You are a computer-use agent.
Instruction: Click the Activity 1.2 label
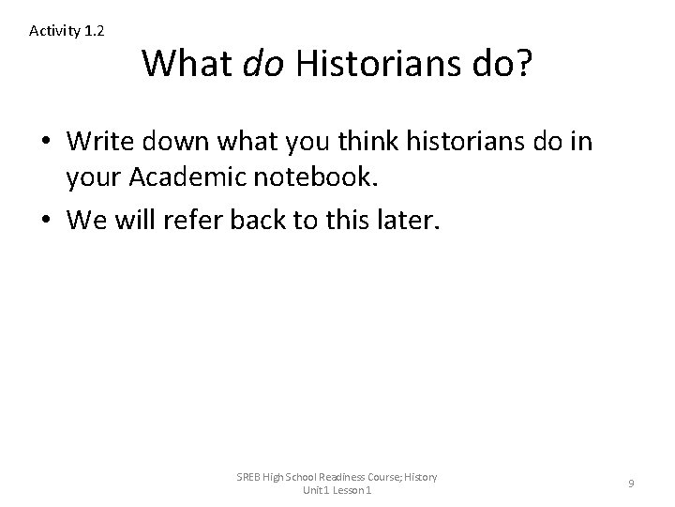click(x=67, y=31)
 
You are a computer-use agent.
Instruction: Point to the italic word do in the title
click(x=264, y=64)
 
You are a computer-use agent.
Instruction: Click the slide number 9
click(x=631, y=484)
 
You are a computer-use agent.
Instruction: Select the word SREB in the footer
click(x=252, y=477)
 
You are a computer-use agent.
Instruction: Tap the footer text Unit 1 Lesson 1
click(x=337, y=491)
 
